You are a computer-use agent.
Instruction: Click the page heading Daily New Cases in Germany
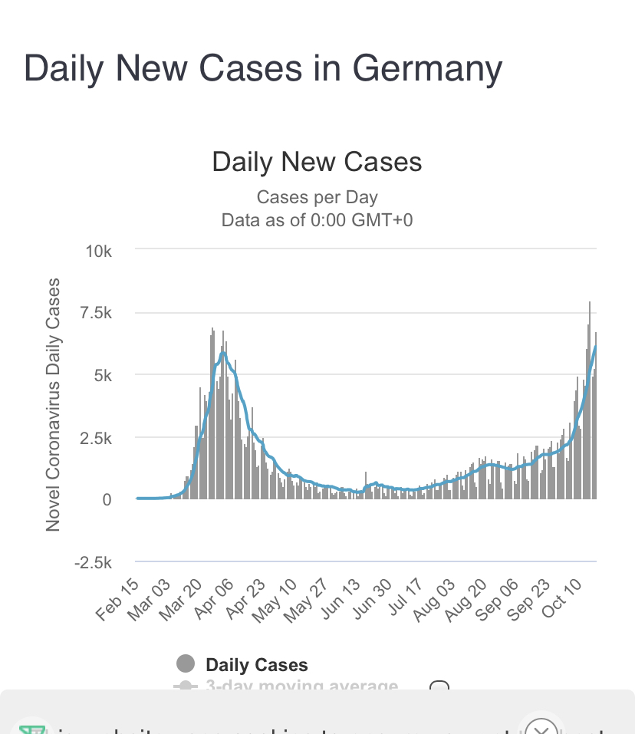click(263, 69)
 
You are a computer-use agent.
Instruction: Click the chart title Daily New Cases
click(317, 162)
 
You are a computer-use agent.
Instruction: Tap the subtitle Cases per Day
click(317, 197)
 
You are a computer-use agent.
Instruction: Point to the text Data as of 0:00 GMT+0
click(317, 221)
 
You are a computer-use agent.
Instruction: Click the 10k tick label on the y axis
click(99, 251)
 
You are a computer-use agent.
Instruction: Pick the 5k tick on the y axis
click(103, 376)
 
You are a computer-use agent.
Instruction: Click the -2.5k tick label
click(92, 562)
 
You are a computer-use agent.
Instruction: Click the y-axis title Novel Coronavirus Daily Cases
click(53, 405)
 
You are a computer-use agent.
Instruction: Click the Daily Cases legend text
click(257, 665)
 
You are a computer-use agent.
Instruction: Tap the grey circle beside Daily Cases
click(186, 664)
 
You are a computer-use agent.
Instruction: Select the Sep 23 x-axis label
click(523, 601)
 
